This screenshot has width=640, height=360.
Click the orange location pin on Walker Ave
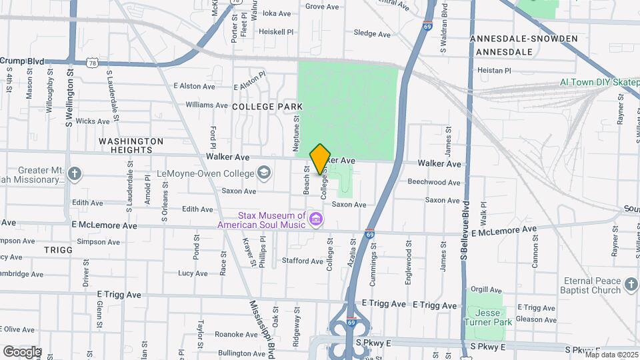320,159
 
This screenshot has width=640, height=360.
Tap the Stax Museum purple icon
316,219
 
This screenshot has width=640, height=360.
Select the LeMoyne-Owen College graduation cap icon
265,174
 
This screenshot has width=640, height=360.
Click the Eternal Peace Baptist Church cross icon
631,286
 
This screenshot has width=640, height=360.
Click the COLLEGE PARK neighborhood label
267,107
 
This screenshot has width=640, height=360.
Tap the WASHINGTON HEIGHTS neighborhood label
131,146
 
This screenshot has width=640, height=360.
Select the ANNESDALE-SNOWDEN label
523,39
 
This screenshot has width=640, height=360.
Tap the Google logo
22,351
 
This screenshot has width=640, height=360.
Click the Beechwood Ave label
433,182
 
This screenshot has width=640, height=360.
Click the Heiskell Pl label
276,31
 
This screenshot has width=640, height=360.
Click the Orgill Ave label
486,290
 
